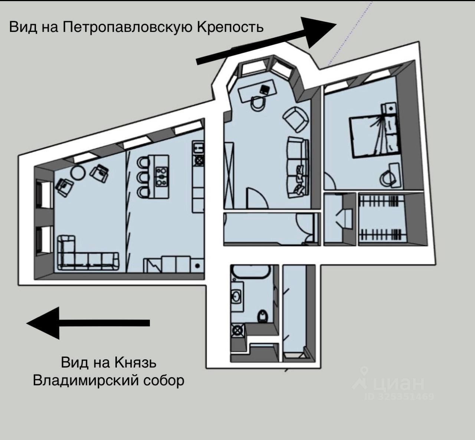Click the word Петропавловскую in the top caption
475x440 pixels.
[126, 27]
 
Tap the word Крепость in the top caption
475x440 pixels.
[229, 27]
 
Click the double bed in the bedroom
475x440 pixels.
[373, 135]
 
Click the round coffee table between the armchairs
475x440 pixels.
[78, 172]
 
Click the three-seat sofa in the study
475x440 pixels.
[298, 166]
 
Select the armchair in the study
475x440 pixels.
[296, 119]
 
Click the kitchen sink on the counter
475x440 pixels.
[198, 147]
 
